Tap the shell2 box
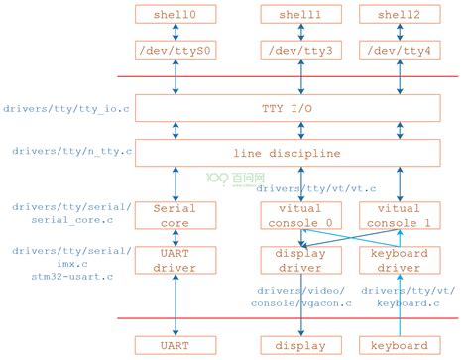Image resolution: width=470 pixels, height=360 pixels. pyautogui.click(x=399, y=15)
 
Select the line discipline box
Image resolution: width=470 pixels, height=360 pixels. pyautogui.click(x=288, y=153)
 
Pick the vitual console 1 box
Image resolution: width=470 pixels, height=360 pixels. pyautogui.click(x=399, y=215)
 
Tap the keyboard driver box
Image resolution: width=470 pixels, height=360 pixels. pyautogui.click(x=399, y=260)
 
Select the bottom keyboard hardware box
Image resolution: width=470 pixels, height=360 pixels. pyautogui.click(x=399, y=346)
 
